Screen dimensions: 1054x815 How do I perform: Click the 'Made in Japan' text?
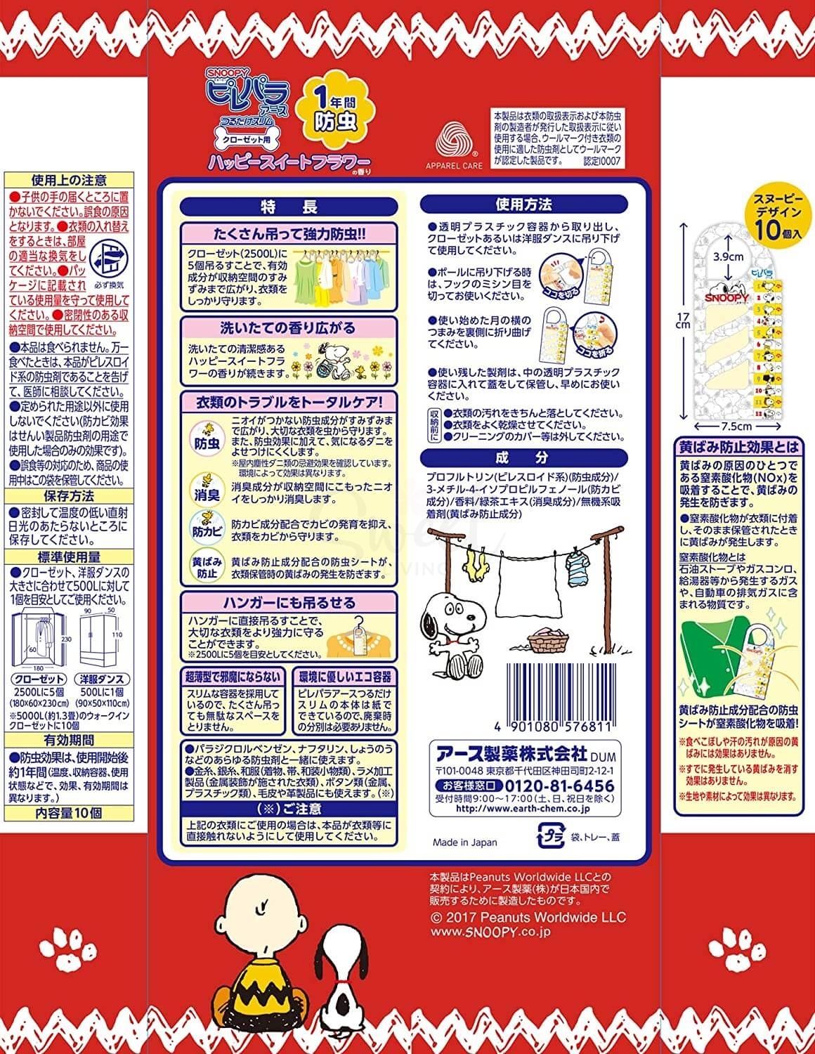464,842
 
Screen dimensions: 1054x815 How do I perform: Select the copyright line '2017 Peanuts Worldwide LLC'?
527,918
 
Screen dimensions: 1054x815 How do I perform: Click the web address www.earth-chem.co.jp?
523,809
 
